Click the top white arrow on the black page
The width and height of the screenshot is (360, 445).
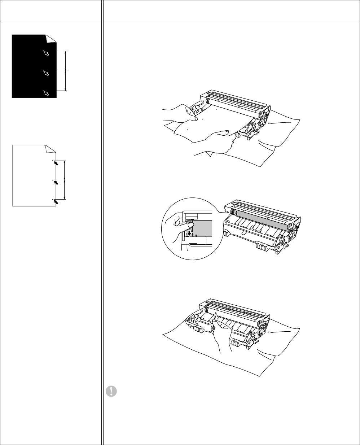pyautogui.click(x=47, y=54)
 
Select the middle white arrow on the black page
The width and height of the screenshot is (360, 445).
pyautogui.click(x=47, y=74)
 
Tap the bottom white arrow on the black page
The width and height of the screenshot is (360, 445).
pyautogui.click(x=47, y=94)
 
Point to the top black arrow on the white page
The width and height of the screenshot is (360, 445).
pyautogui.click(x=56, y=164)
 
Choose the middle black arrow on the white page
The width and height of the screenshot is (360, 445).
pyautogui.click(x=56, y=183)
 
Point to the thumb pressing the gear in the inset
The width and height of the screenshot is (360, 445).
pyautogui.click(x=189, y=226)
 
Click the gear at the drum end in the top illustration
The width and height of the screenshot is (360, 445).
pyautogui.click(x=205, y=102)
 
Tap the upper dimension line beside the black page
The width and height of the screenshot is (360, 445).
pyautogui.click(x=65, y=61)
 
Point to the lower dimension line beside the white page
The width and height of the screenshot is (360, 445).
pyautogui.click(x=64, y=189)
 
